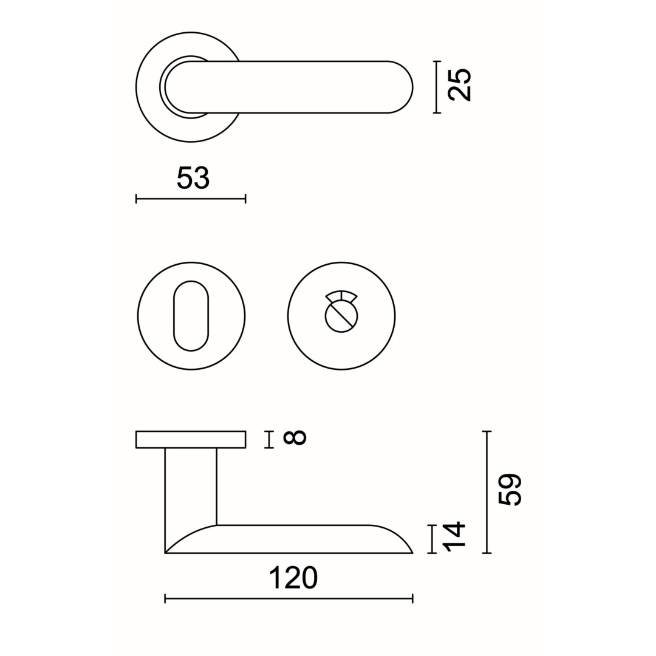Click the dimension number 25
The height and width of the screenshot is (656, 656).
pyautogui.click(x=459, y=85)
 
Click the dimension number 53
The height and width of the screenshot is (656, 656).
pyautogui.click(x=193, y=178)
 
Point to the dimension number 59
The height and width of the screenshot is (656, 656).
pyautogui.click(x=510, y=490)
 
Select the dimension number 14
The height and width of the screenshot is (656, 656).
pyautogui.click(x=454, y=537)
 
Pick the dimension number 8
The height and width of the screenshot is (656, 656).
pyautogui.click(x=295, y=437)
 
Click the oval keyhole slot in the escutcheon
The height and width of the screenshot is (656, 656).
pyautogui.click(x=191, y=316)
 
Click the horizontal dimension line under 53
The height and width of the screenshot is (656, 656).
pyautogui.click(x=191, y=199)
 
